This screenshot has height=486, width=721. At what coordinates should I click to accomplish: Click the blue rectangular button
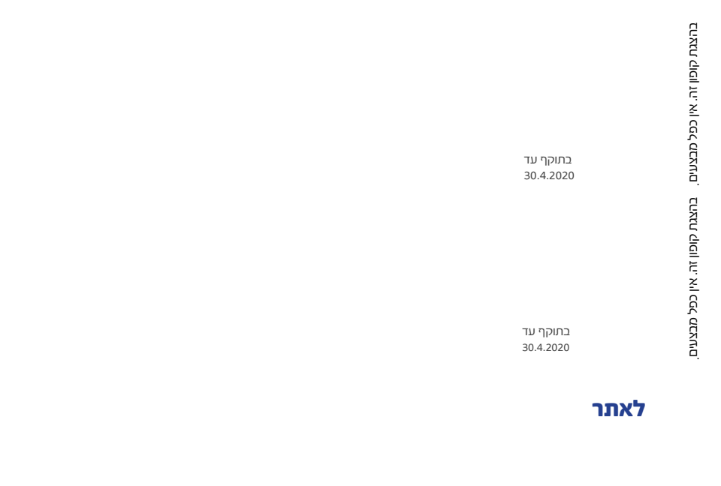coord(618,409)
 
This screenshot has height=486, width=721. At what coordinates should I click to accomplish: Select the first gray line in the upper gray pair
coord(547,160)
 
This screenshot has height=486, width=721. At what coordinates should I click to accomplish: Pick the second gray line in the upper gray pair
coord(548,175)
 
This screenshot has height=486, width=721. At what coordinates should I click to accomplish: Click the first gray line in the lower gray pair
coord(546,331)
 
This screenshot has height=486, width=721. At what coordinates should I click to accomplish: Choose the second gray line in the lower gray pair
coord(546,347)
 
